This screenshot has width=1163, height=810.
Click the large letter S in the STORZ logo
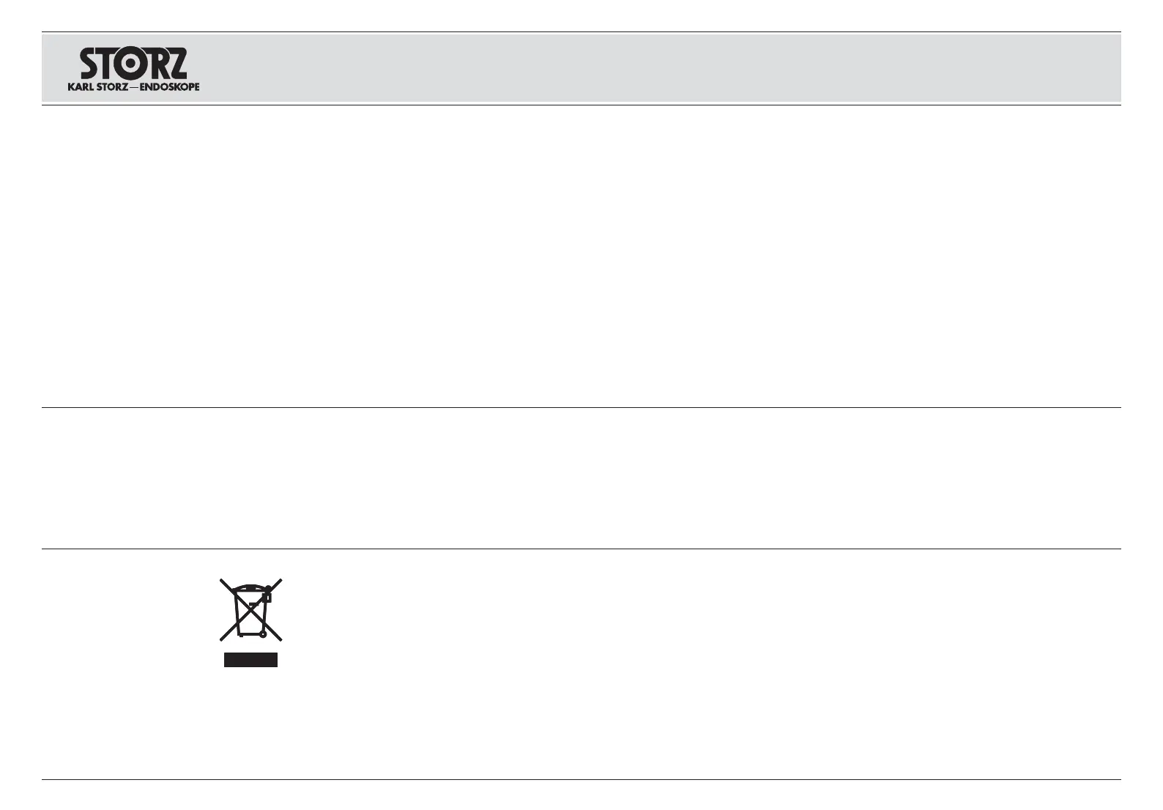point(93,64)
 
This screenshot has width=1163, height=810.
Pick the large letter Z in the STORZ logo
point(177,64)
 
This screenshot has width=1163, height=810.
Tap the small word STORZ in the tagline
point(112,86)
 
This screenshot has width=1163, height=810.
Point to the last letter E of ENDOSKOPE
point(196,86)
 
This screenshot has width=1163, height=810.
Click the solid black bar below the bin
point(250,660)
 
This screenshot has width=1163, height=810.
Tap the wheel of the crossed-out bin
point(263,633)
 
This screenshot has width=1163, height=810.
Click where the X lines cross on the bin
point(251,610)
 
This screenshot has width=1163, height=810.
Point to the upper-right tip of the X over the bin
point(280,581)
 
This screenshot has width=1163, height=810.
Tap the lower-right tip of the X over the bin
point(280,639)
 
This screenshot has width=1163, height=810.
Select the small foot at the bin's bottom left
point(240,636)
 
